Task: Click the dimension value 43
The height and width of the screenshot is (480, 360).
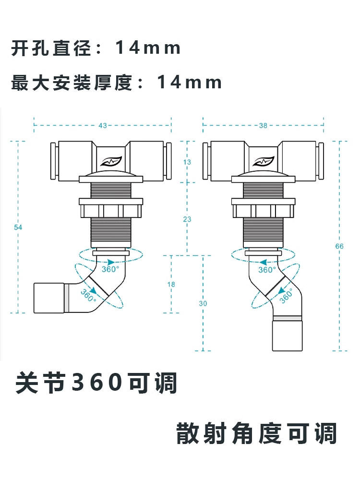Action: coord(102,126)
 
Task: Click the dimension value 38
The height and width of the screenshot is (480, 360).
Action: coord(263,126)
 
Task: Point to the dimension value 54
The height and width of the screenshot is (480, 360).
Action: coord(18,227)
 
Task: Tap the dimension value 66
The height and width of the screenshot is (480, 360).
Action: coord(339,246)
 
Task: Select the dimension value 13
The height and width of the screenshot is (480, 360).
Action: coord(187,162)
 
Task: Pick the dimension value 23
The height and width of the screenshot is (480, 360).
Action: coord(187,219)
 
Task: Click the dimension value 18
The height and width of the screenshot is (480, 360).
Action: coord(171,284)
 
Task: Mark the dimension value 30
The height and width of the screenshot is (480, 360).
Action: coord(203,303)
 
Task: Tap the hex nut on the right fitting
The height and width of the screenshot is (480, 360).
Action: coord(263,210)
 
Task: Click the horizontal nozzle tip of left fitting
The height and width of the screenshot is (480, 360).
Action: coord(48,298)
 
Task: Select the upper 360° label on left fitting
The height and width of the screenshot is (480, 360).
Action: coord(110,269)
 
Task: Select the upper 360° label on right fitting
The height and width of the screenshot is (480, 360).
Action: coord(267,270)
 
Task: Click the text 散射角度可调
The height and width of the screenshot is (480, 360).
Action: coord(257,433)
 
